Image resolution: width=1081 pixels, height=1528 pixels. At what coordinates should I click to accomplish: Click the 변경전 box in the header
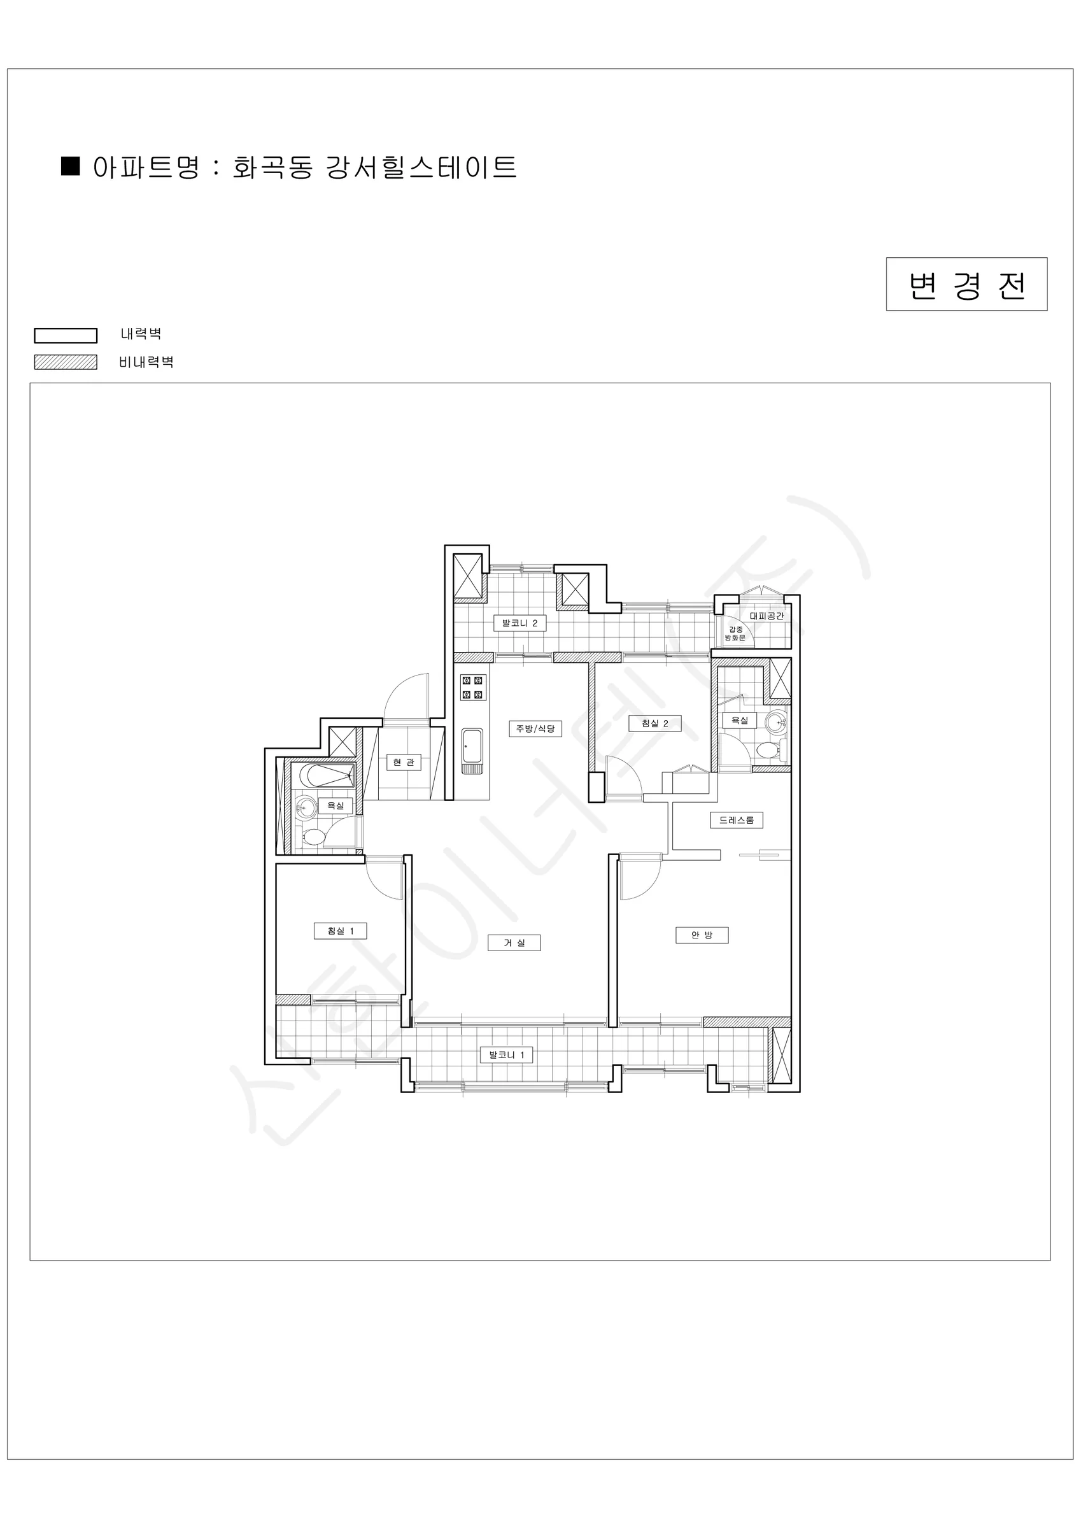(x=966, y=284)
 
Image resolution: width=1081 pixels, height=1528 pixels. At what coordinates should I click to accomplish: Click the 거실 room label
(x=514, y=942)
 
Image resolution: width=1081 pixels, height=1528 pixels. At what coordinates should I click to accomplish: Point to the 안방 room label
(x=702, y=935)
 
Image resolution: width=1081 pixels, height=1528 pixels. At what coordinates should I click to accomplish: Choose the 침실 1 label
(x=340, y=931)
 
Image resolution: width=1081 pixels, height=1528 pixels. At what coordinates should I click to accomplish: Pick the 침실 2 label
(x=655, y=723)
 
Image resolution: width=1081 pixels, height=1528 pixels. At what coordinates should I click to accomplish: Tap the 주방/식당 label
(x=535, y=729)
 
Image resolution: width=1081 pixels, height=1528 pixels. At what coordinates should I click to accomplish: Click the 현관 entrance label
(x=404, y=762)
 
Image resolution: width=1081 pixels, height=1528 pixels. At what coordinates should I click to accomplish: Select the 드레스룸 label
(x=736, y=821)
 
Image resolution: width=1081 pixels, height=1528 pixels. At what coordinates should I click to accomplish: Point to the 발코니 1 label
(x=507, y=1055)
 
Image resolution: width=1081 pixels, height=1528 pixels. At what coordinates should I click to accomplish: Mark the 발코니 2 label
(x=520, y=623)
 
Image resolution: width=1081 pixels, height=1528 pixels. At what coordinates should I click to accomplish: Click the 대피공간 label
(x=766, y=616)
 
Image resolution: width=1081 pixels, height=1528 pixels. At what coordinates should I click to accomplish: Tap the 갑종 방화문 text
(x=735, y=633)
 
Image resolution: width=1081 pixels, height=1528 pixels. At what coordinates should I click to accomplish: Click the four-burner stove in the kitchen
(x=472, y=688)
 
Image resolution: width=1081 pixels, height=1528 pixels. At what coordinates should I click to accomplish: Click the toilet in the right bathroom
(x=771, y=751)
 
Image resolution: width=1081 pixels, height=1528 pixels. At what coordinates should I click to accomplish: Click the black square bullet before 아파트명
(x=70, y=166)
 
